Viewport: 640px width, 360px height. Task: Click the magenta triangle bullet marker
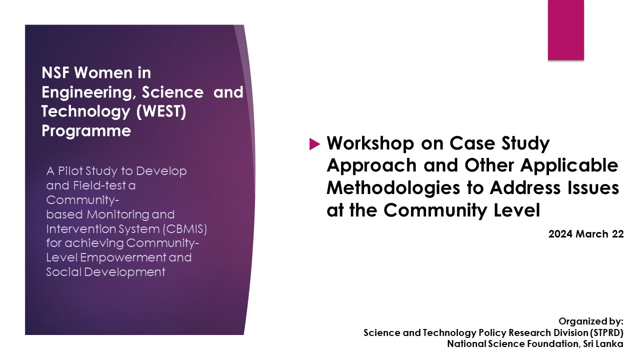(x=314, y=144)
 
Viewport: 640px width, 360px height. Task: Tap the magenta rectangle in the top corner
(x=565, y=29)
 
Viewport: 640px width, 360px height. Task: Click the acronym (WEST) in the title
(x=161, y=111)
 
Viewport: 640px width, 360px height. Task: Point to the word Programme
(x=86, y=131)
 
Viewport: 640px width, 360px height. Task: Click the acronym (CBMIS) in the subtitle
(x=185, y=229)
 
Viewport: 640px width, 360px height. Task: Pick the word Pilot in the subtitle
(x=70, y=171)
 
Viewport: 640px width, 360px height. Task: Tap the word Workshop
(x=370, y=143)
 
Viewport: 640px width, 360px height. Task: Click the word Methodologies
(x=393, y=187)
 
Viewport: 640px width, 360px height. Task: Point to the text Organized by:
(x=591, y=321)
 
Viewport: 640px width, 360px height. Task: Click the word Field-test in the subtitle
(x=99, y=185)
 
